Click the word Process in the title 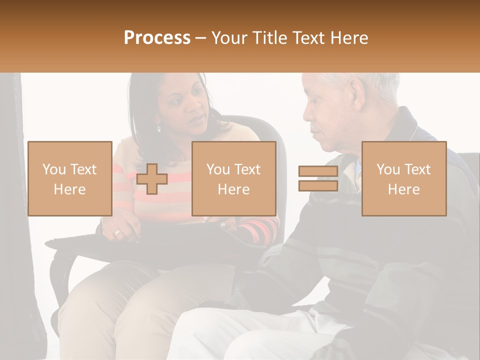click(157, 37)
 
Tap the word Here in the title click(347, 37)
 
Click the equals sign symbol click(318, 179)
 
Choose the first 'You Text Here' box click(69, 178)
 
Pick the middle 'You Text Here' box click(234, 178)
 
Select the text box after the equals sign click(404, 178)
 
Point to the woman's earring click(159, 128)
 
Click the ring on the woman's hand click(118, 232)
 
